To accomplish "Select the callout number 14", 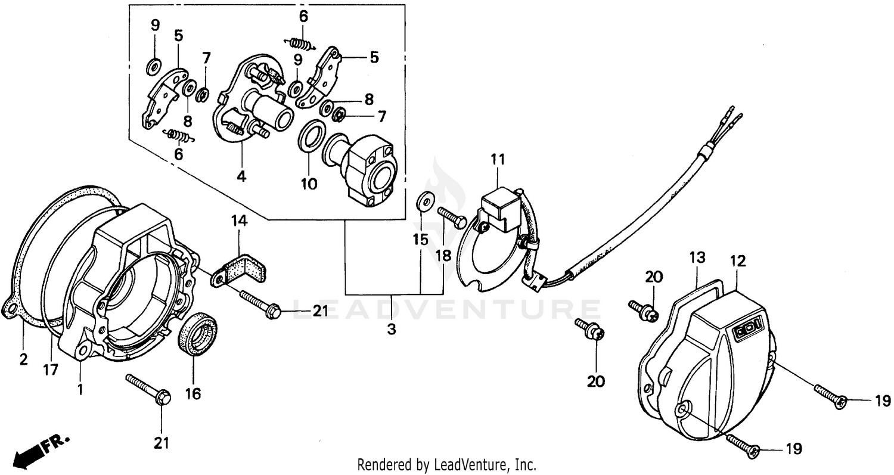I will pos(239,222).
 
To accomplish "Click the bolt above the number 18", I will pos(452,217).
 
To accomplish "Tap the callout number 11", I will pos(498,159).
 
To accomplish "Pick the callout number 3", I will pos(391,328).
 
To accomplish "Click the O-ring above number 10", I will pos(311,138).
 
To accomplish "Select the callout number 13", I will pos(697,258).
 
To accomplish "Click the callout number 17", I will pos(51,370).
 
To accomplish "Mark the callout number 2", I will pos(24,359).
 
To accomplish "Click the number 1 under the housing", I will pos(80,390).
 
